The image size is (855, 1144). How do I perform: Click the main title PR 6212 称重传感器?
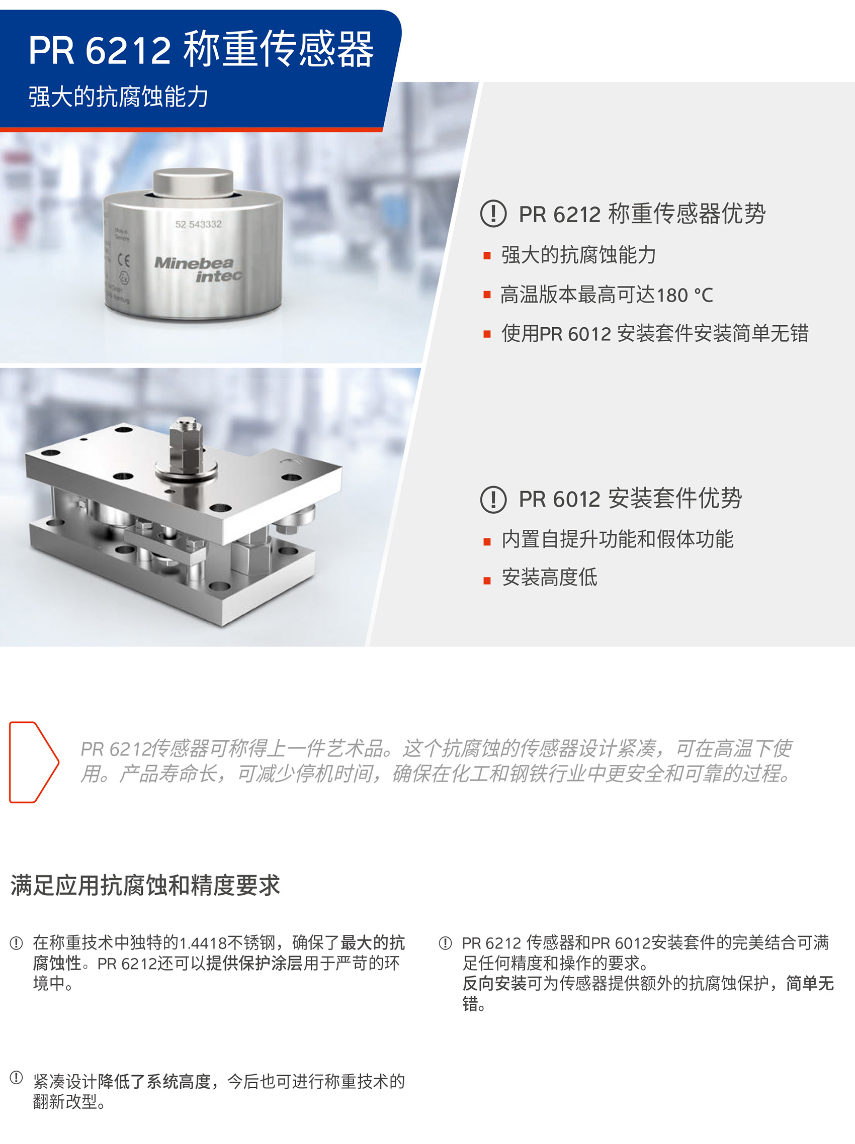(x=201, y=49)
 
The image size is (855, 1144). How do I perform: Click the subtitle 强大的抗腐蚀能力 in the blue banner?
(x=119, y=97)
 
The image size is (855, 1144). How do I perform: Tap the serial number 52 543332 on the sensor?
(x=198, y=224)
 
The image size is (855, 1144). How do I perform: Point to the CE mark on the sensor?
(x=124, y=260)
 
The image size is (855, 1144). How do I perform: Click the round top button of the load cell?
(x=194, y=181)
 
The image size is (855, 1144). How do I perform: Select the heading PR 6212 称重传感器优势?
(x=642, y=214)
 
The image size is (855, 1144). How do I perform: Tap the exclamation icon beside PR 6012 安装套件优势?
(x=493, y=499)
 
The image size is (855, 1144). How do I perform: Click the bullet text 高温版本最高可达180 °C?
(x=607, y=295)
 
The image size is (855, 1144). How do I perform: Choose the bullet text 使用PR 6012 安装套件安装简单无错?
(x=655, y=334)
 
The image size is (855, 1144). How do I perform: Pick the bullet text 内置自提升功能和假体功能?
(x=618, y=539)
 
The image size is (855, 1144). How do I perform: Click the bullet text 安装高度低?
(x=549, y=578)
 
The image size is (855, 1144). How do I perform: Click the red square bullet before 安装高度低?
(x=486, y=581)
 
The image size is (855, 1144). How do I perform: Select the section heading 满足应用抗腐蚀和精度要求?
(x=145, y=885)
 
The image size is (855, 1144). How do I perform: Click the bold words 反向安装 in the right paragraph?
(x=494, y=983)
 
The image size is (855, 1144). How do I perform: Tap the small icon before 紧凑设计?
(x=17, y=1077)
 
